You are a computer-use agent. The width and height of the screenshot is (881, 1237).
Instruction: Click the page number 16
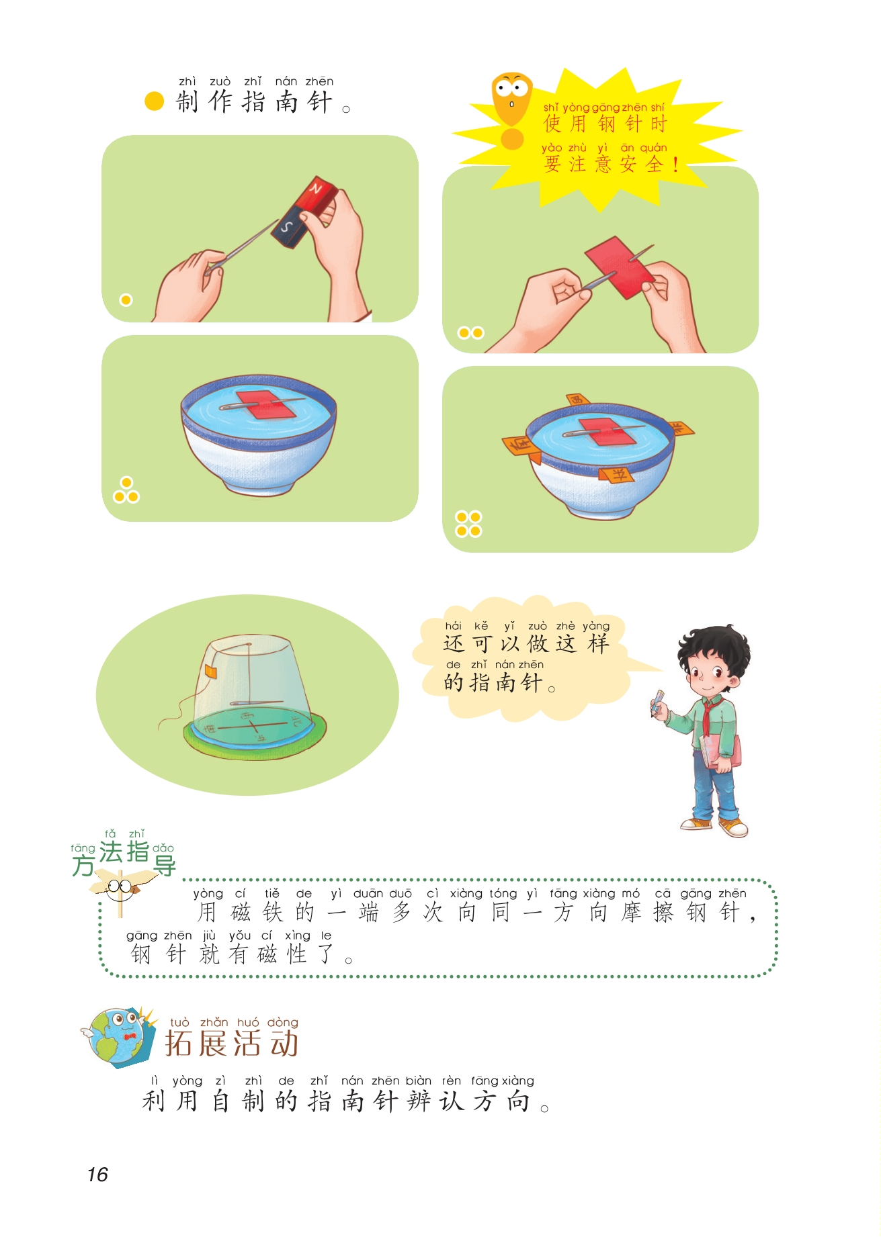(x=97, y=1174)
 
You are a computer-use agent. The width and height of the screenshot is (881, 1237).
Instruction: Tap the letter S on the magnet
(x=287, y=226)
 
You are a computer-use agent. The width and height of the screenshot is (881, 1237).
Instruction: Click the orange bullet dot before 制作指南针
(x=155, y=101)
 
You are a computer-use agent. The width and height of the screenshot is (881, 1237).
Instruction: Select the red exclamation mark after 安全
(x=675, y=164)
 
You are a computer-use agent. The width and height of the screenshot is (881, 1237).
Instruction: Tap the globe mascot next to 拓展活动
(x=114, y=1036)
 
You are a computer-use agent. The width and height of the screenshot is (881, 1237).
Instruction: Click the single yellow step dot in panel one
(x=126, y=300)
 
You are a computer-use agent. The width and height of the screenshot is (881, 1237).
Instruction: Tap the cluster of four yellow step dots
(x=468, y=524)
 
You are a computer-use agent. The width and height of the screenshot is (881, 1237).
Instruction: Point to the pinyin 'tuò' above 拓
(x=180, y=1022)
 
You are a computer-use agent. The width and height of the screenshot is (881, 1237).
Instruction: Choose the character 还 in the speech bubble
(x=454, y=643)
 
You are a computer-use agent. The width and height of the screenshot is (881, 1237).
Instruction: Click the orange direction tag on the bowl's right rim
(x=681, y=428)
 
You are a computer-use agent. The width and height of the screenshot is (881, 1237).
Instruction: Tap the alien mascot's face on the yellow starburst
(x=512, y=95)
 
